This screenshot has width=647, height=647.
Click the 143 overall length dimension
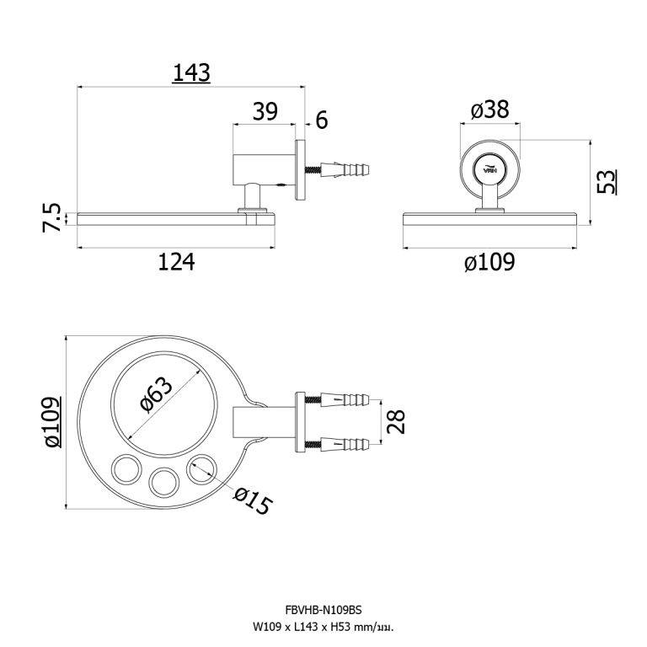[191, 73]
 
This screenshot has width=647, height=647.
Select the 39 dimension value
[265, 113]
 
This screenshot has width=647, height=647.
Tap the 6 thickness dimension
[321, 120]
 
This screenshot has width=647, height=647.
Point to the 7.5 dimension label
[51, 218]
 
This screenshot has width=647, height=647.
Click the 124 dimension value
[176, 262]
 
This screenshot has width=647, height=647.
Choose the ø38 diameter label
[489, 110]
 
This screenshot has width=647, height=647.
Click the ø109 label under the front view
[489, 263]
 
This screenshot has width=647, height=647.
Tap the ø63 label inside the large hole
[157, 394]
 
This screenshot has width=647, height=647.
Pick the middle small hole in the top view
[164, 481]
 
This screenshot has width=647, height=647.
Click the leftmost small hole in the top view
[126, 468]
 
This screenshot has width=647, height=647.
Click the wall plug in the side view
[345, 170]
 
